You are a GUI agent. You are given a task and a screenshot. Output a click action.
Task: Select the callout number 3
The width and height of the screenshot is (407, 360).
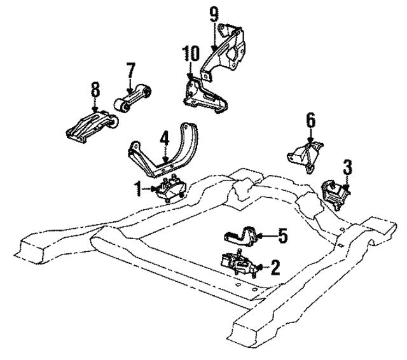pos(347,168)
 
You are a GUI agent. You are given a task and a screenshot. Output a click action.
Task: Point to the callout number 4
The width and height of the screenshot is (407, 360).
pos(163,137)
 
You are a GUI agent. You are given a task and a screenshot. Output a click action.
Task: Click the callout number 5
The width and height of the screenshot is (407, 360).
pos(282,237)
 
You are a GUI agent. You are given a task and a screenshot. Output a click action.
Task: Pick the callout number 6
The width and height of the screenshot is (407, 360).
pos(310,119)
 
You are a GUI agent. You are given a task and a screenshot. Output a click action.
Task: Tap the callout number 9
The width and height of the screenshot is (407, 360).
pos(214,12)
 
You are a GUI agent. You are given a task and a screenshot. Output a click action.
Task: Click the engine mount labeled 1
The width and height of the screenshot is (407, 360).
pos(170,190)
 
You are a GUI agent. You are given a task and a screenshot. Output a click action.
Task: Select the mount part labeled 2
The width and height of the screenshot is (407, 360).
pos(237,264)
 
